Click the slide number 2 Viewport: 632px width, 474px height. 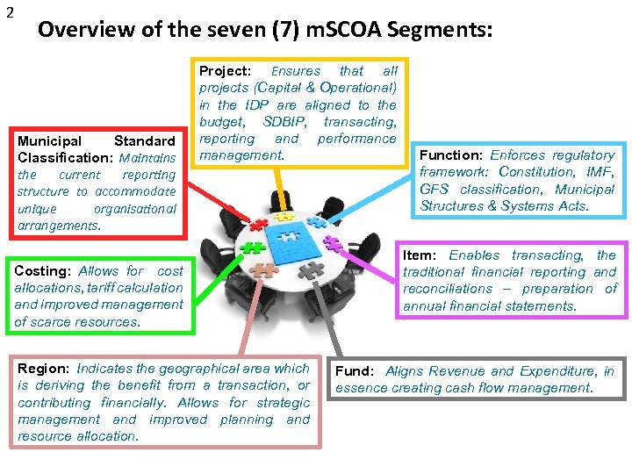click(10, 12)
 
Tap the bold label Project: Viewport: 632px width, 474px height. click(226, 71)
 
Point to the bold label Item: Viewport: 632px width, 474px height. click(420, 255)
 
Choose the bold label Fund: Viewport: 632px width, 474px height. click(355, 371)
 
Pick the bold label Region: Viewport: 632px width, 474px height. click(44, 369)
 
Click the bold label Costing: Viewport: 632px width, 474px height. click(41, 271)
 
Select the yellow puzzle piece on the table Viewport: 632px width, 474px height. click(283, 215)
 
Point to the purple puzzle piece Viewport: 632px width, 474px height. click(331, 243)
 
